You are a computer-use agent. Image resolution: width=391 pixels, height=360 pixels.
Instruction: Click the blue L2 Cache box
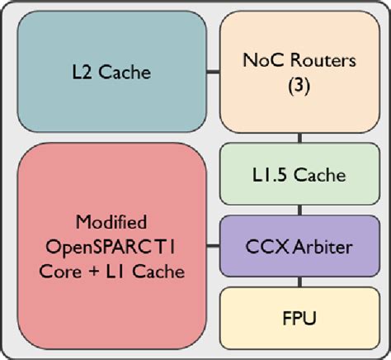[x=111, y=72]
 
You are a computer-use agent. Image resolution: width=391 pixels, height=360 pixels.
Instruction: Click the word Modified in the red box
[x=111, y=222]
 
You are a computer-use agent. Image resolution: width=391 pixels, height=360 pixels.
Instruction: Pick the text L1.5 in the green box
[x=270, y=175]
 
